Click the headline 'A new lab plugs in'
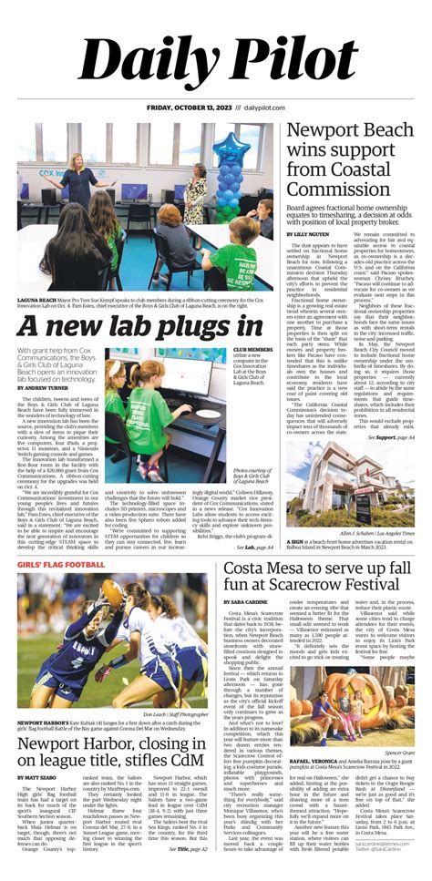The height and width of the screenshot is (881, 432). tap(139, 325)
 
